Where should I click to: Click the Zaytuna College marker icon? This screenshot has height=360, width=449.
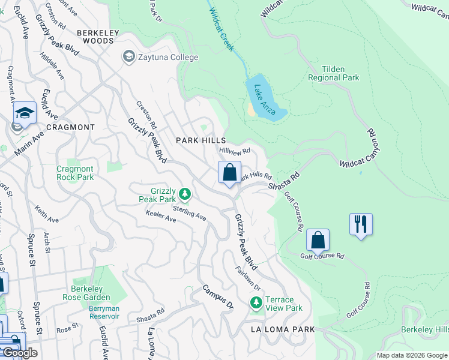point(128,57)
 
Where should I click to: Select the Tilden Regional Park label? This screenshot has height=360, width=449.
point(333,73)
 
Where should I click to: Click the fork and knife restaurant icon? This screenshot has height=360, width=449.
point(361,224)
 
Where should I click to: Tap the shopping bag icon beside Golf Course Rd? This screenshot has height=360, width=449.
point(318,240)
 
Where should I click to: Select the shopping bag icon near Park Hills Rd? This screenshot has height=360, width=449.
point(229,173)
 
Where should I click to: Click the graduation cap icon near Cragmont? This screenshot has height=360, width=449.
point(25,113)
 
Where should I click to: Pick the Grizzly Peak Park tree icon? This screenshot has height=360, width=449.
point(186,194)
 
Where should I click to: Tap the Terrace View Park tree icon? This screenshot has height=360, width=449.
point(256,304)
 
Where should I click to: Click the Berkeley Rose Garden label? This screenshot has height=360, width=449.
point(91,293)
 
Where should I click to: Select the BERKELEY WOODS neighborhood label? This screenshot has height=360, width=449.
point(94,41)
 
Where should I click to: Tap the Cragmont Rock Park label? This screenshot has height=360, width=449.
point(75,173)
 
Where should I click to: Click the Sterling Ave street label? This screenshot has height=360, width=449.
point(189,212)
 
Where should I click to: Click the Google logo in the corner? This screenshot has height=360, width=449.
point(20,353)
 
